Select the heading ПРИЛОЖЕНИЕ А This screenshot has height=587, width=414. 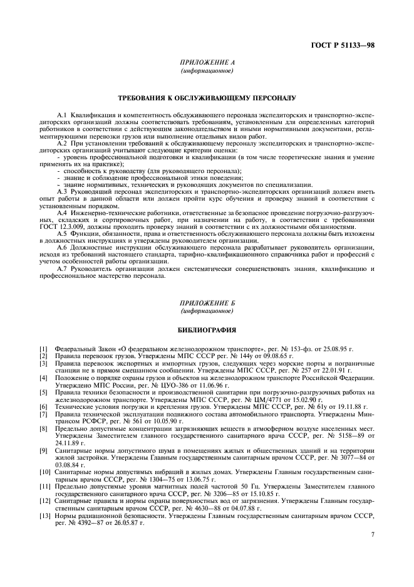click(x=207, y=63)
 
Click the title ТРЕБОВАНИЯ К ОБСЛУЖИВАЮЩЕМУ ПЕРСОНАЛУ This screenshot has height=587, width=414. click(x=207, y=98)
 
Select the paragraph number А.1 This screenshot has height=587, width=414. click(x=61, y=117)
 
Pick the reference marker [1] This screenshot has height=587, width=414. click(x=43, y=347)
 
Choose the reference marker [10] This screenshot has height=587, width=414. click(x=44, y=470)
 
